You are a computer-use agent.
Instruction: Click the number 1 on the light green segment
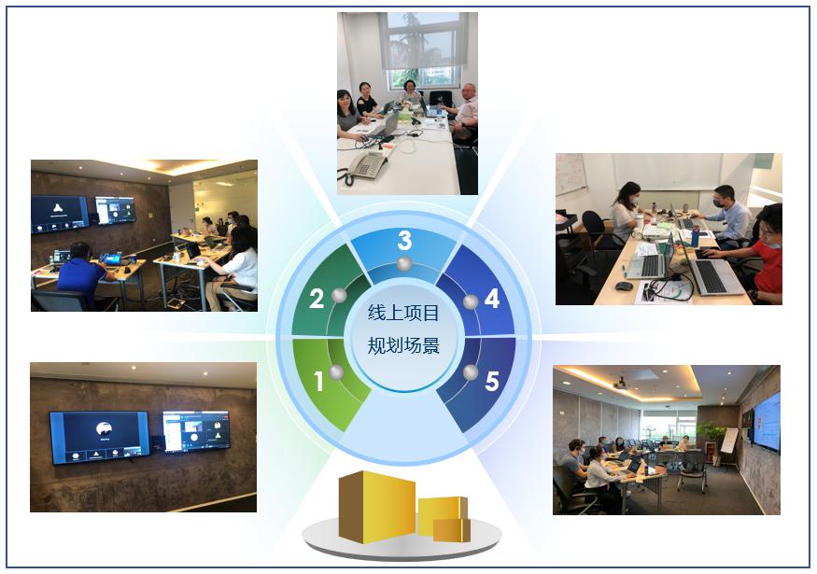(x=319, y=382)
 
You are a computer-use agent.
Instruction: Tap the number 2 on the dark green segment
(x=317, y=299)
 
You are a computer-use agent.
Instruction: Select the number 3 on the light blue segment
(x=405, y=240)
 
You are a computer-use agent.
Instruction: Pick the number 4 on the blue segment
(x=492, y=299)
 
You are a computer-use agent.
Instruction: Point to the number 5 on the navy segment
(x=492, y=382)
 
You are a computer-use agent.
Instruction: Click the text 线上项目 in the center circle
(x=403, y=313)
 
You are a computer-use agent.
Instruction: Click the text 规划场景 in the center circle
(x=403, y=345)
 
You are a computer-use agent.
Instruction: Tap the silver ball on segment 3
(x=404, y=263)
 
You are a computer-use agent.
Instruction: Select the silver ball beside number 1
(x=336, y=372)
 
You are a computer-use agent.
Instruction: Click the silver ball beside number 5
(x=471, y=372)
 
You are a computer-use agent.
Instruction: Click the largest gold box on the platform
(x=376, y=507)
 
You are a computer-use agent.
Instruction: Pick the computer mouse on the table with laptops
(x=624, y=286)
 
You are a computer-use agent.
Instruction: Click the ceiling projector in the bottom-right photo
(x=620, y=384)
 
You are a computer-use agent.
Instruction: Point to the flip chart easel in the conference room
(x=729, y=446)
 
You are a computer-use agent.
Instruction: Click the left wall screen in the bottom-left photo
(x=100, y=437)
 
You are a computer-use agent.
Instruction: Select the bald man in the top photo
(x=466, y=112)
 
